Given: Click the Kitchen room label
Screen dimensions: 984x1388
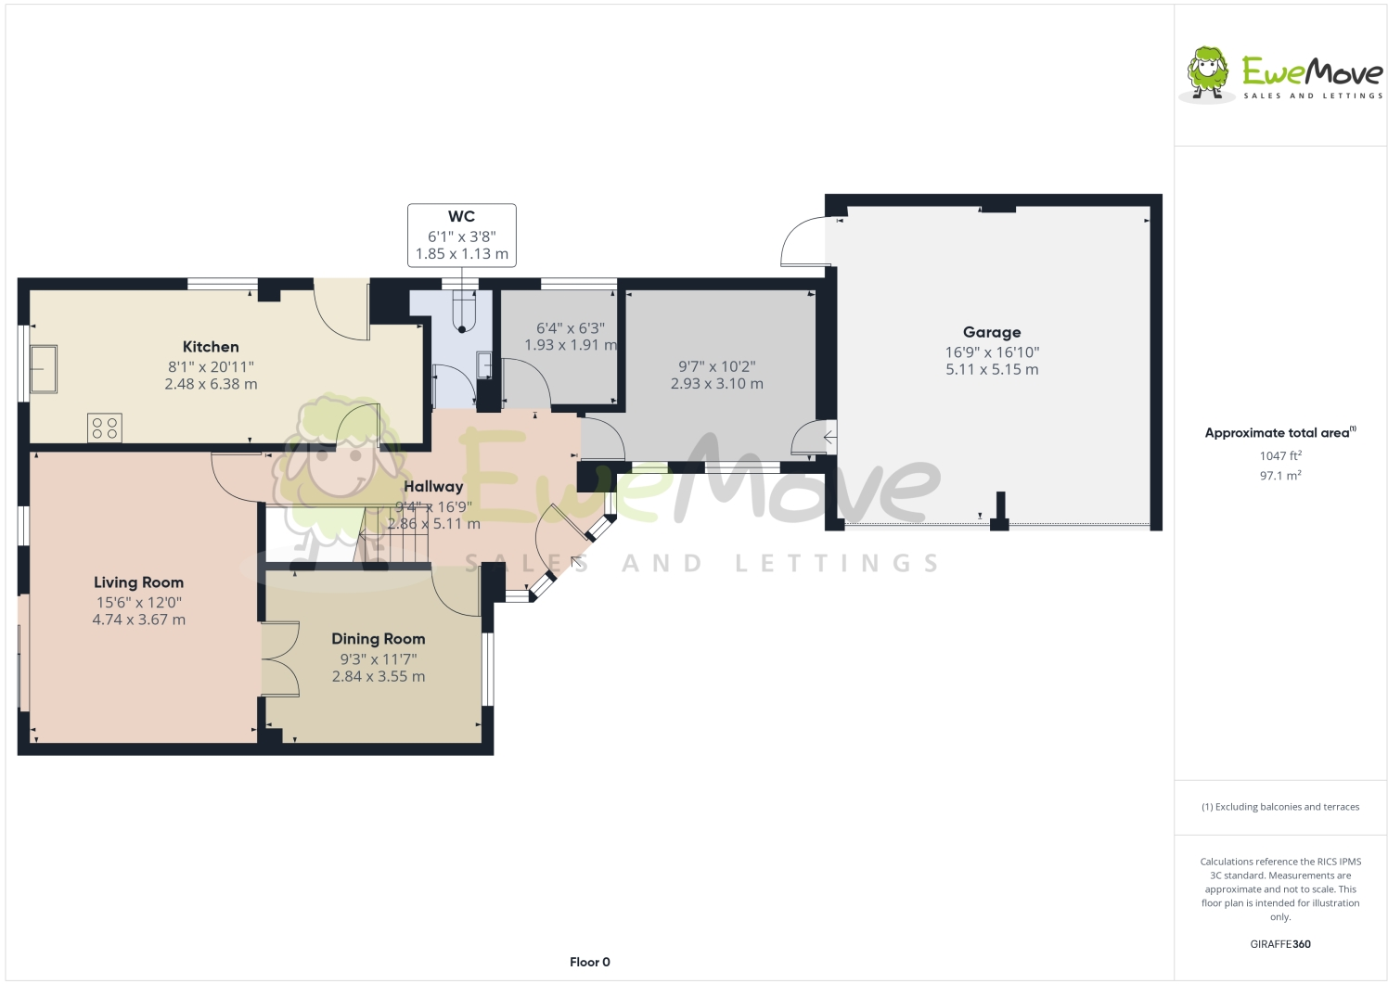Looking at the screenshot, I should point(211,347).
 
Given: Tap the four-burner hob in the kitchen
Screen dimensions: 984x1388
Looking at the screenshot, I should point(105,428).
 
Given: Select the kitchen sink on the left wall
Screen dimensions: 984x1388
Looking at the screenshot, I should point(44,369).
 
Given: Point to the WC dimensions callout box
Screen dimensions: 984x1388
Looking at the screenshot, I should point(461,236).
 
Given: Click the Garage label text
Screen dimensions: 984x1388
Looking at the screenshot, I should point(992,332).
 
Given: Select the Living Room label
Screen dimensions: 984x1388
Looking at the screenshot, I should point(138,582).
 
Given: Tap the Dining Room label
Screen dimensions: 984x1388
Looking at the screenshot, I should point(379,639).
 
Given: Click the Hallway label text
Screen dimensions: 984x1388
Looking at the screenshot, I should point(433,486).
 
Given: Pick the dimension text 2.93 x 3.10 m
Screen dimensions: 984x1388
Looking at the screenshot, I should point(717,384).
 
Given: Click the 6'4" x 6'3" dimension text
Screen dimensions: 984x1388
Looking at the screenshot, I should point(571,328).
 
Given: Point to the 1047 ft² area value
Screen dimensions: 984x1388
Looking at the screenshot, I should point(1280,455).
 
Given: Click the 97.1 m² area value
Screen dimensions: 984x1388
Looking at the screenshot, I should point(1280,476).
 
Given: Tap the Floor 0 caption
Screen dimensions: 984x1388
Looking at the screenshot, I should point(590,962).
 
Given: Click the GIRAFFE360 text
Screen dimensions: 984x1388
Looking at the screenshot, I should point(1280,944).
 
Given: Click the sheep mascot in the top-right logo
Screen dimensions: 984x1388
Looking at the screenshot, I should point(1207,72).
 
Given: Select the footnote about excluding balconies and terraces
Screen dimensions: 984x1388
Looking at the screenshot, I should point(1280,807).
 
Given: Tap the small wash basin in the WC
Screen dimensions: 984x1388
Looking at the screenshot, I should point(484,365).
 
